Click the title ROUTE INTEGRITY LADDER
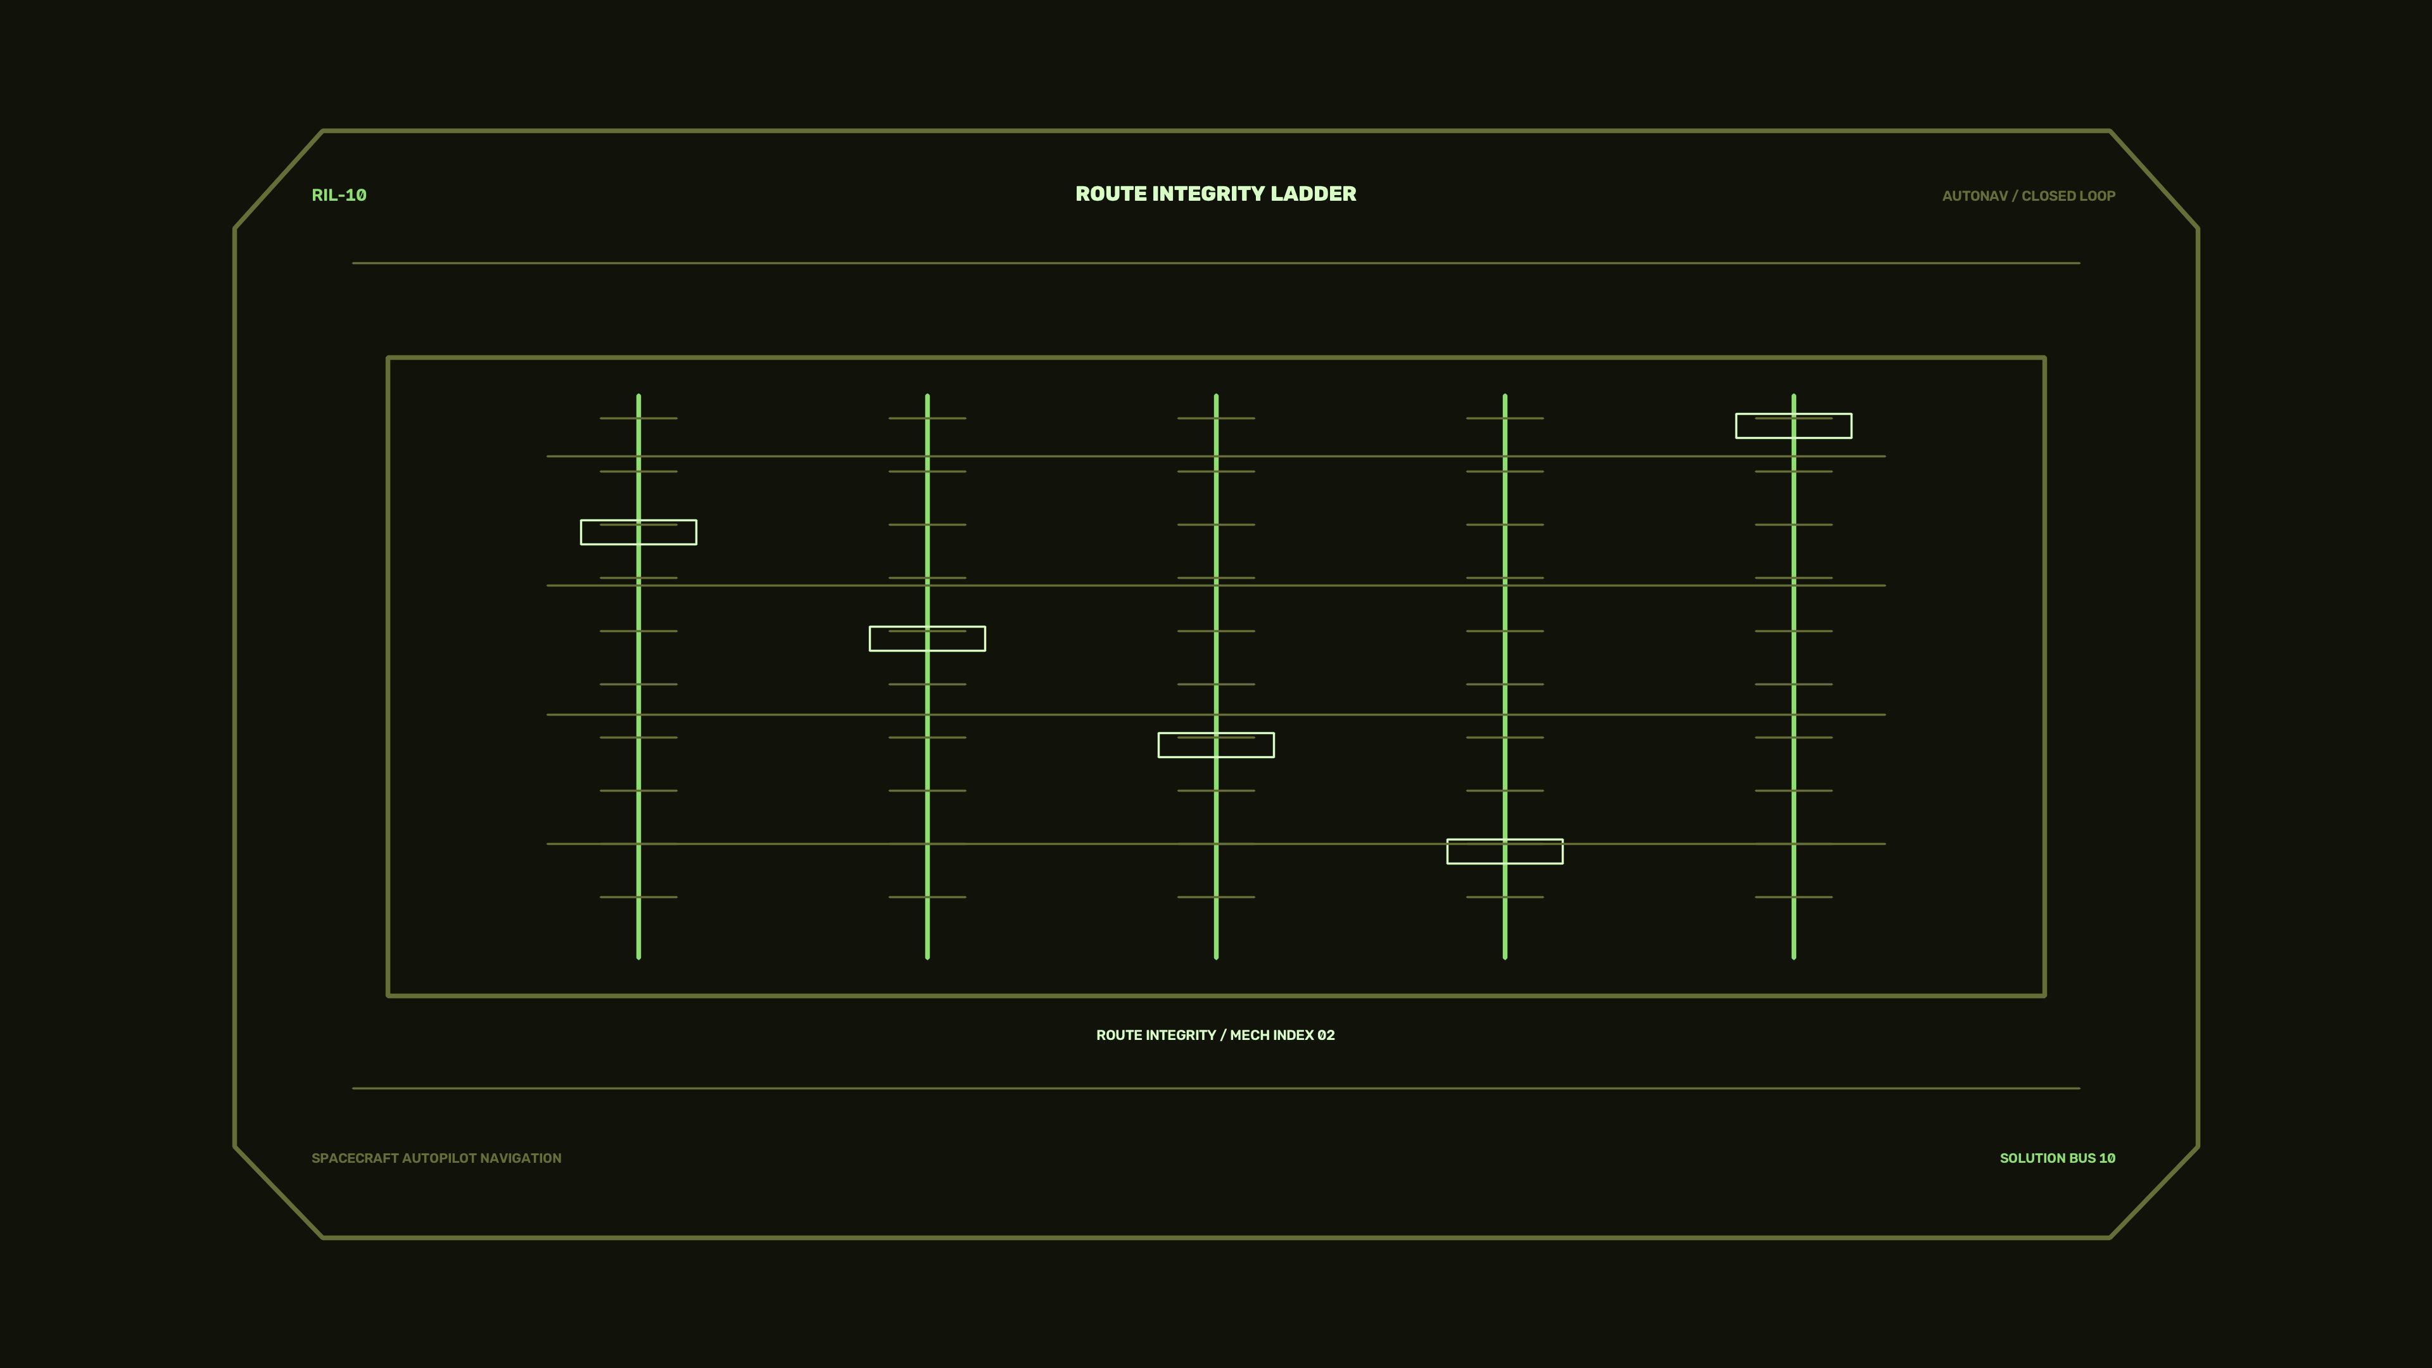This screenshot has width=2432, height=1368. click(x=1215, y=194)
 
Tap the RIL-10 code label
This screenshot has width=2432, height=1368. click(x=339, y=196)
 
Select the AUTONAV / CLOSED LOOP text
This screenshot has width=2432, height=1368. click(x=2028, y=196)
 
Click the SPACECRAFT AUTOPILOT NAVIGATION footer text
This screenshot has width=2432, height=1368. click(x=436, y=1158)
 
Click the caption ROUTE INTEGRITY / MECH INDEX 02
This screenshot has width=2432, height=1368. click(x=1215, y=1035)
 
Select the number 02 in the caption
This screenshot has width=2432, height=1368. click(x=1326, y=1035)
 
